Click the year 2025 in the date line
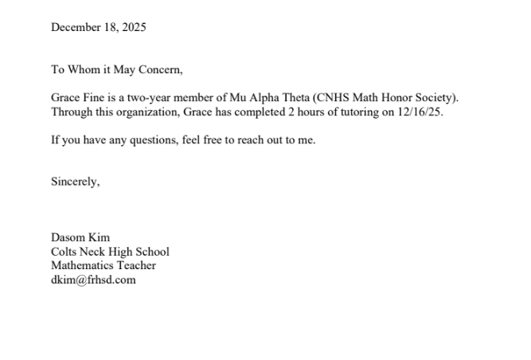coord(133,28)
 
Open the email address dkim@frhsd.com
coord(93,280)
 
